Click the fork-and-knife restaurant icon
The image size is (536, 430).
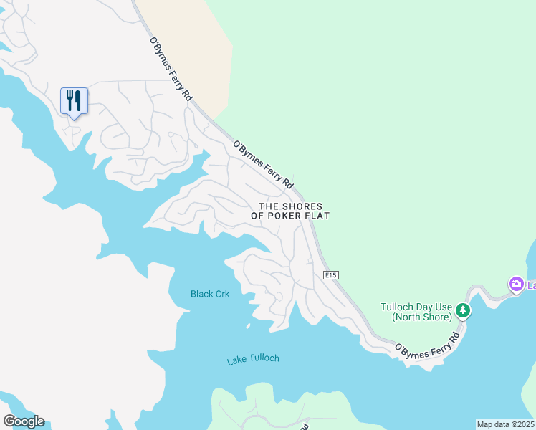(x=74, y=101)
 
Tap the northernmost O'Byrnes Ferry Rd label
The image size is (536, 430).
(x=171, y=68)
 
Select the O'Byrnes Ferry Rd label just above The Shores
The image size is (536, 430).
(x=263, y=164)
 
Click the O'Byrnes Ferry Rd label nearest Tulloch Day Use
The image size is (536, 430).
(x=427, y=343)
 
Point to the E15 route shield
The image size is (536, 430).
(x=330, y=275)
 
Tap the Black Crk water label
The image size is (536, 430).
(x=210, y=294)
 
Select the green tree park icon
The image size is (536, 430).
(x=464, y=311)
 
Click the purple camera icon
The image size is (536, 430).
(x=516, y=285)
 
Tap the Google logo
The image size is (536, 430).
(x=24, y=421)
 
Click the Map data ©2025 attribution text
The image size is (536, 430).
(x=505, y=424)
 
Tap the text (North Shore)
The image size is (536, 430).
(x=422, y=317)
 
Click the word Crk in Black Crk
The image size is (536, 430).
(x=221, y=294)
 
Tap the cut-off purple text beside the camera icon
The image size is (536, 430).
(x=531, y=285)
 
